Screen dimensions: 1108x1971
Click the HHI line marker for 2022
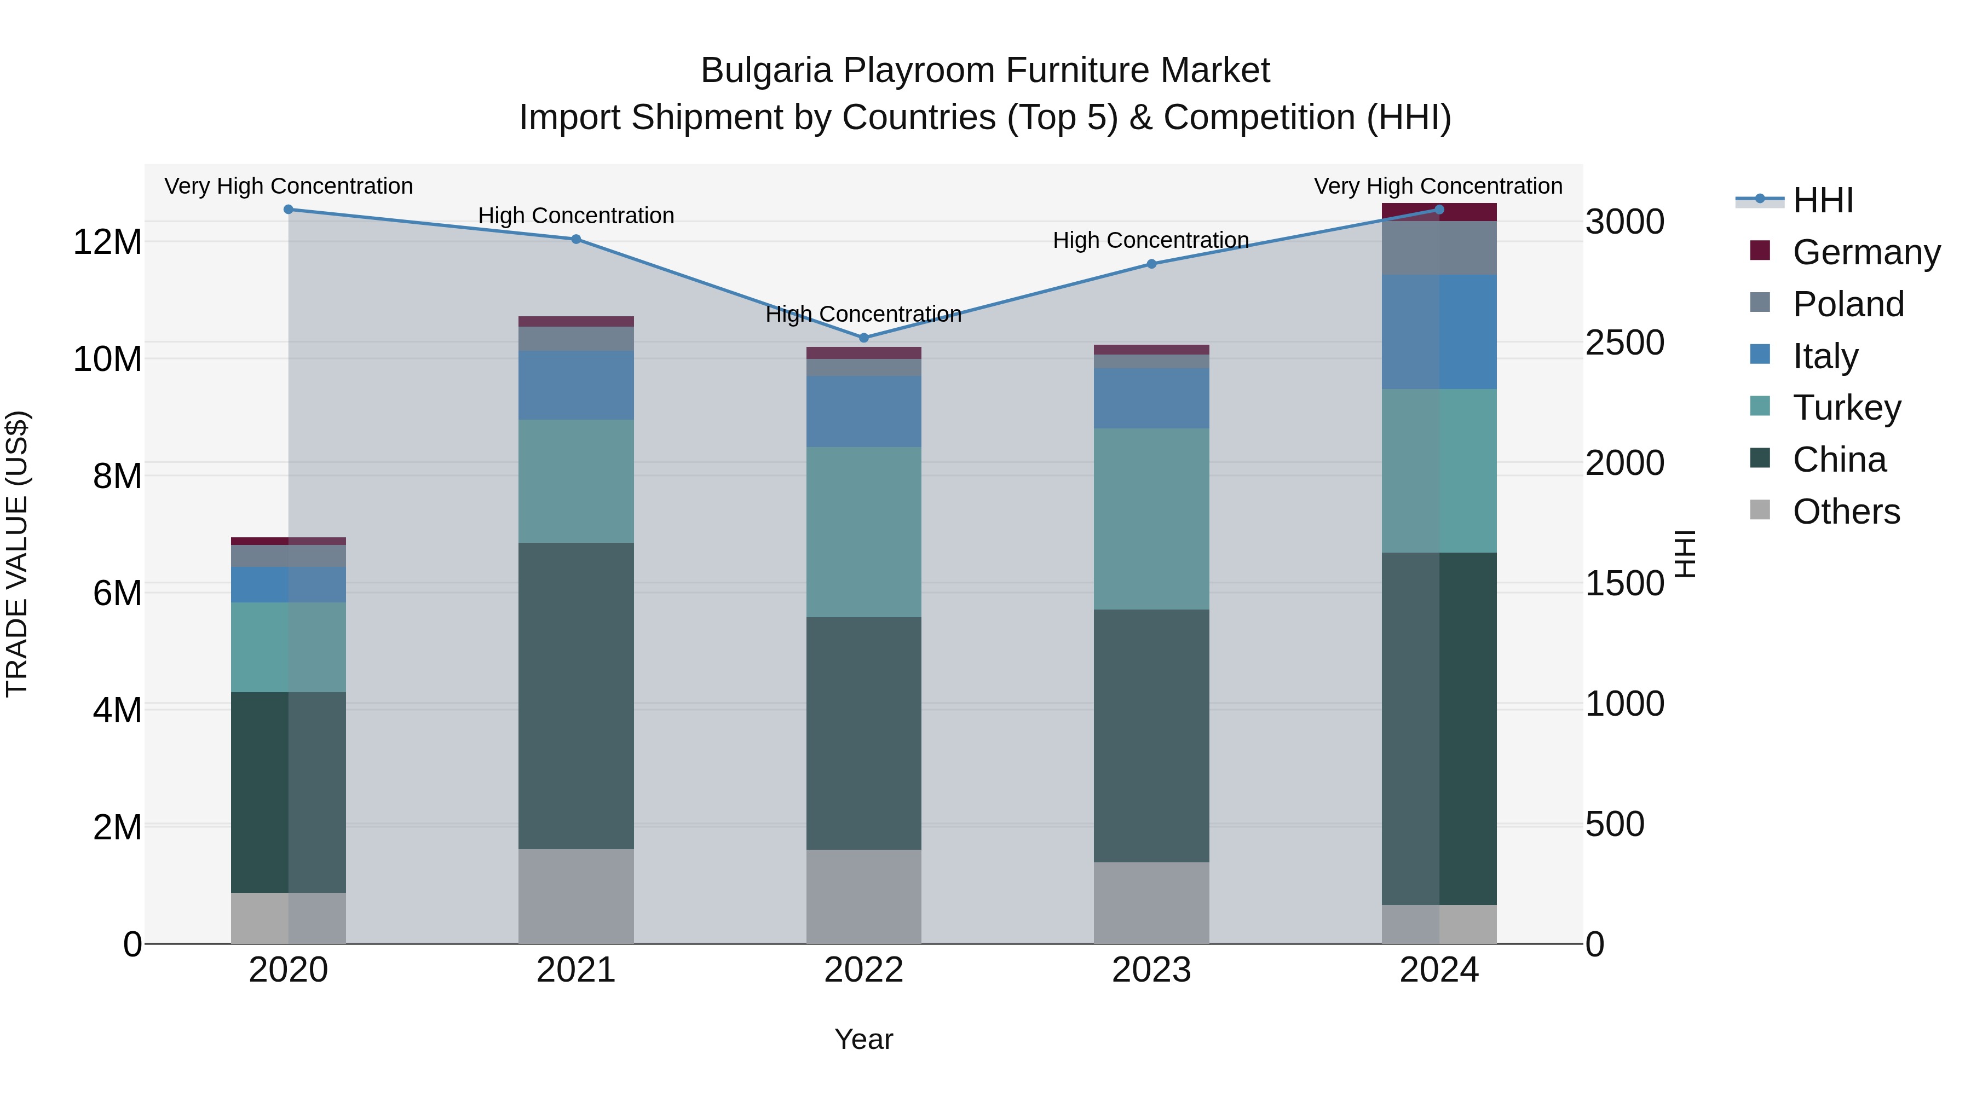point(864,337)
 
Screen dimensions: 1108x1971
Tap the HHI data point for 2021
point(576,239)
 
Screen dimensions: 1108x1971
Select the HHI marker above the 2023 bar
point(1151,264)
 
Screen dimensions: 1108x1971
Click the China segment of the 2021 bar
point(576,696)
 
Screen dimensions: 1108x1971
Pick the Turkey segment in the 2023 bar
point(1151,519)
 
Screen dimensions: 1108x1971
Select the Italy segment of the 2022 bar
point(864,411)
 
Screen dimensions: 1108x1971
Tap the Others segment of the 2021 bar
point(576,896)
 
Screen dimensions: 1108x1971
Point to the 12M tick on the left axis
point(107,242)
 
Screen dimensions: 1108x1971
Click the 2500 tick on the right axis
point(1624,343)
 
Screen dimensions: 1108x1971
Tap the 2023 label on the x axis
point(1151,970)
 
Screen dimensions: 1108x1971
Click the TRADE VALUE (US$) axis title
point(17,554)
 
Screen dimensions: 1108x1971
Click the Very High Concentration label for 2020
point(289,186)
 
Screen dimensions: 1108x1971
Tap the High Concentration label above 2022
point(864,314)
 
